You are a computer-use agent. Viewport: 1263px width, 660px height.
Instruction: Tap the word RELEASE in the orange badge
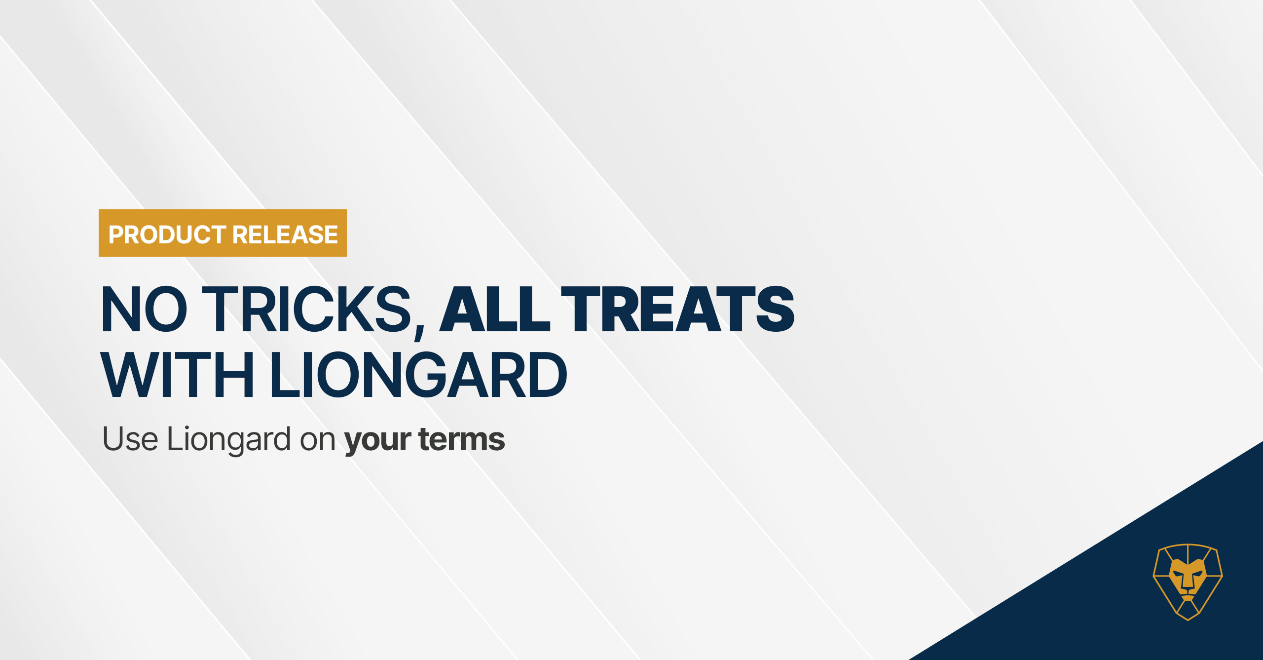click(285, 234)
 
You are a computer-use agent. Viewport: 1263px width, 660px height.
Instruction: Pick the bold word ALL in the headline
click(494, 309)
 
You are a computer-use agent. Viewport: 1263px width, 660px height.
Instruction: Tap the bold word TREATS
click(677, 309)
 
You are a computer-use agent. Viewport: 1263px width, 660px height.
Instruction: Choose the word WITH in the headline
click(177, 375)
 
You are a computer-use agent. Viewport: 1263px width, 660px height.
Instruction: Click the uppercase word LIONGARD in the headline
click(418, 375)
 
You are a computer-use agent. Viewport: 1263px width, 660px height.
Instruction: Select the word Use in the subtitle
click(130, 439)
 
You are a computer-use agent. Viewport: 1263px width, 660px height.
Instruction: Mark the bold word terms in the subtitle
click(462, 439)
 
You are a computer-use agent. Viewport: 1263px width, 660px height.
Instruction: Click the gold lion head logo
click(1188, 582)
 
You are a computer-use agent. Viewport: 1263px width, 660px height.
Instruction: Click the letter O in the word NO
click(166, 309)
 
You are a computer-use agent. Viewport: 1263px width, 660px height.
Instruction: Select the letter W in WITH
click(130, 375)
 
